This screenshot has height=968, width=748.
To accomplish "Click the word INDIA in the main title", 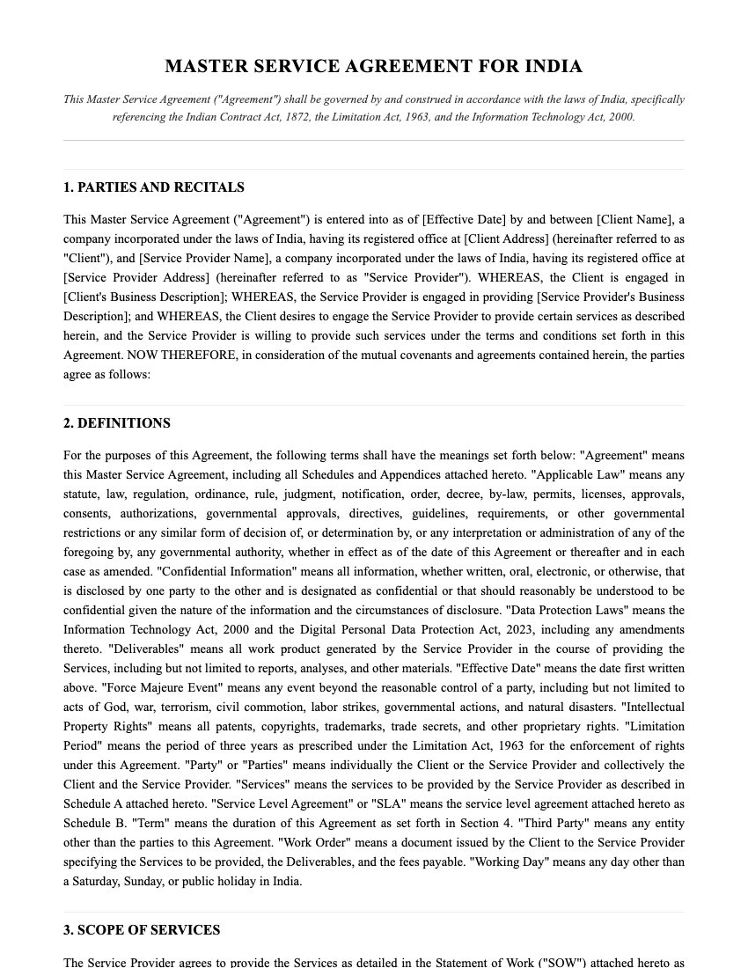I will point(554,67).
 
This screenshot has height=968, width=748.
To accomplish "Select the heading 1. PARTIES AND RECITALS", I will point(154,187).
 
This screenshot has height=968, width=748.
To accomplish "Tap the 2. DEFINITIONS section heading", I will point(117,423).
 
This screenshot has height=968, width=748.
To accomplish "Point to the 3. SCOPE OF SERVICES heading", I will point(142,930).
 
